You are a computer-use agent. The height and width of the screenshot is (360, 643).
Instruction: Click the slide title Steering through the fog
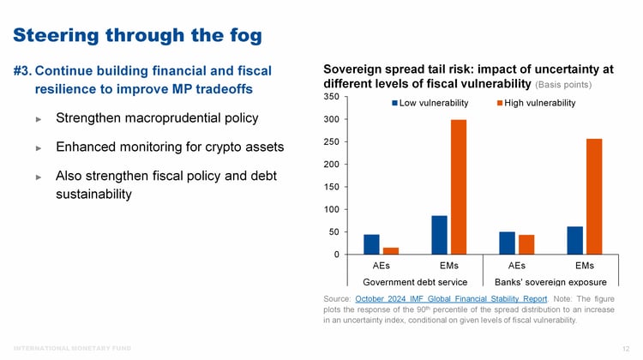137,35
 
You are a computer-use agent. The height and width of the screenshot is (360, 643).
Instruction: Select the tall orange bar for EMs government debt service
459,187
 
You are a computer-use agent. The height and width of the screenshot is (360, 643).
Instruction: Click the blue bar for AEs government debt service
371,244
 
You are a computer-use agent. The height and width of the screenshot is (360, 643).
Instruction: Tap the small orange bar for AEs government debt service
391,250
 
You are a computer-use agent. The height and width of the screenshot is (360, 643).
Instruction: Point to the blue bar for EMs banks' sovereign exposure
574,240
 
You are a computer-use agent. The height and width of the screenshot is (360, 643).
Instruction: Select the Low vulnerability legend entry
429,103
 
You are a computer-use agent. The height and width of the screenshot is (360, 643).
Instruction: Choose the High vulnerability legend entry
536,103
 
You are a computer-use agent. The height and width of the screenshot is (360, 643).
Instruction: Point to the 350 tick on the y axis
331,97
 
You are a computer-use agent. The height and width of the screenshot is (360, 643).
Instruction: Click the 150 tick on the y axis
331,187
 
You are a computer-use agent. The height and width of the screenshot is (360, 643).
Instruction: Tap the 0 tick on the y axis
336,255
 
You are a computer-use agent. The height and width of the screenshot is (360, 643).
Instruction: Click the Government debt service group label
415,281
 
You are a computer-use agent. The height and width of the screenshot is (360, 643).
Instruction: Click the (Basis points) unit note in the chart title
564,85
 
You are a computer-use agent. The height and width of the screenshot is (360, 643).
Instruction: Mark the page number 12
625,348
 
